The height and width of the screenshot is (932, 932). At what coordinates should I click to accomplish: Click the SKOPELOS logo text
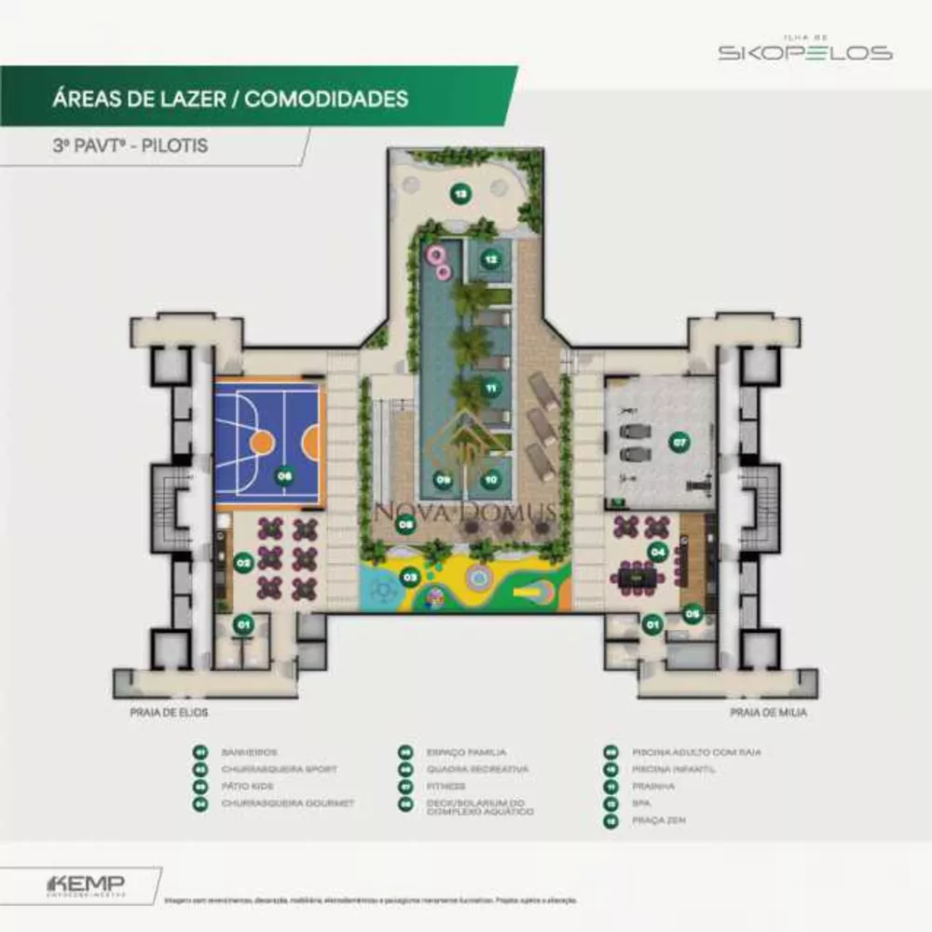coord(804,53)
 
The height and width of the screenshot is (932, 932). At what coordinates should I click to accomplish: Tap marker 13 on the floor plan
coord(459,194)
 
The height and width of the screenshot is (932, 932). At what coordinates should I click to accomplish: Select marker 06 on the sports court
coord(284,476)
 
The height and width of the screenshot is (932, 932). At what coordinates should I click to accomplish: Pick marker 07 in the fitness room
coord(679,443)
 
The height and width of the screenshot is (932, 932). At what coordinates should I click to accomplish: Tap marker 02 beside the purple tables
coord(243,562)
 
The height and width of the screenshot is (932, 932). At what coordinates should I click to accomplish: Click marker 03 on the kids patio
coord(409,577)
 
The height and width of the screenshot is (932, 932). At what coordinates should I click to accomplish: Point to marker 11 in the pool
coord(490,387)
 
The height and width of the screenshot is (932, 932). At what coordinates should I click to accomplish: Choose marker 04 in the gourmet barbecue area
coord(657,552)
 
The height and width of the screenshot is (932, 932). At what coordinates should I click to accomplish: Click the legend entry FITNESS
coord(445,787)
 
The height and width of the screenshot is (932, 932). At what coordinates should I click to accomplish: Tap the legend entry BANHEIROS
coord(249,752)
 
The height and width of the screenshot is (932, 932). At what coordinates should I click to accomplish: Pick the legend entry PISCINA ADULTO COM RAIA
coord(689,752)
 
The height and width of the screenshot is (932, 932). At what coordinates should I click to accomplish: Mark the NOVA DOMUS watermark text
coord(466,511)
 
